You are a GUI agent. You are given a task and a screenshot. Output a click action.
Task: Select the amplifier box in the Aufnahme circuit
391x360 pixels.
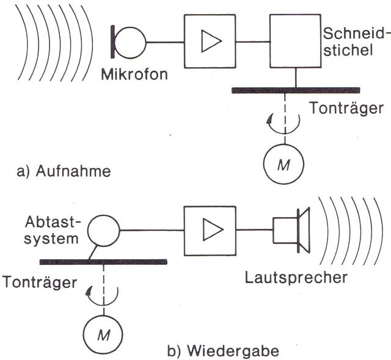pyautogui.click(x=208, y=41)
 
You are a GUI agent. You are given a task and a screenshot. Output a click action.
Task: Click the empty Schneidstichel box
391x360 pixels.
pyautogui.click(x=296, y=41)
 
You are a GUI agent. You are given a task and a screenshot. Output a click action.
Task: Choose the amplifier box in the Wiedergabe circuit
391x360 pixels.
pyautogui.click(x=208, y=231)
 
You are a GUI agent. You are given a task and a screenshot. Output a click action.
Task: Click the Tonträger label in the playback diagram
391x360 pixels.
pyautogui.click(x=40, y=282)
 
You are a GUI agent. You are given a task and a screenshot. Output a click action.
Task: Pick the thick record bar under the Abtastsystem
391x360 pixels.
pyautogui.click(x=104, y=261)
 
